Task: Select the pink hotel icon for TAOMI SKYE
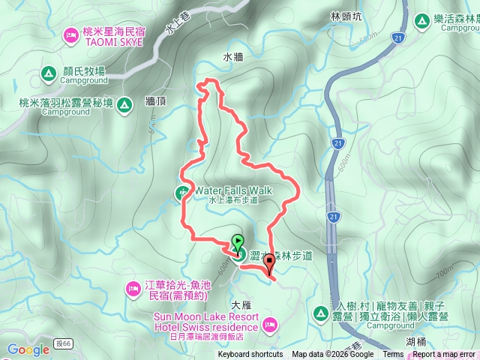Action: pyautogui.click(x=72, y=34)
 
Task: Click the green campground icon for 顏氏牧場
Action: pyautogui.click(x=48, y=73)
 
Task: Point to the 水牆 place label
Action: pyautogui.click(x=233, y=56)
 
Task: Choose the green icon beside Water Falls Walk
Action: pyautogui.click(x=184, y=191)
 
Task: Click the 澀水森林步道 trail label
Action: pyautogui.click(x=283, y=256)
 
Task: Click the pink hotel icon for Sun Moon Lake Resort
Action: pyautogui.click(x=269, y=324)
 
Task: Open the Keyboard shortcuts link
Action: pyautogui.click(x=250, y=355)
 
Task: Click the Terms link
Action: pyautogui.click(x=393, y=355)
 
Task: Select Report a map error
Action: pyautogui.click(x=444, y=355)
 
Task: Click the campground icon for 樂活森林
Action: pyautogui.click(x=421, y=20)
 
